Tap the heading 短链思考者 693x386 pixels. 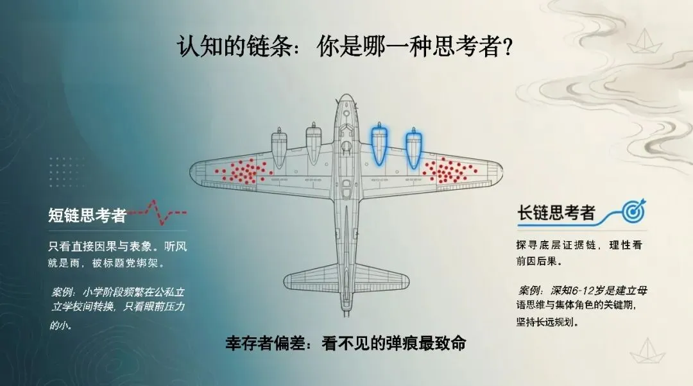[x=87, y=215]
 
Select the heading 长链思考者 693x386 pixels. [x=556, y=213]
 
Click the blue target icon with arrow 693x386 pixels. [x=634, y=210]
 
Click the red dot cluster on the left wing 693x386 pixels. [x=241, y=171]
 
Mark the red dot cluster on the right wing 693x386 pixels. [x=453, y=171]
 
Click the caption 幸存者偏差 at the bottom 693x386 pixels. [x=257, y=344]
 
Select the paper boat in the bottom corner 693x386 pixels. [x=643, y=351]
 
